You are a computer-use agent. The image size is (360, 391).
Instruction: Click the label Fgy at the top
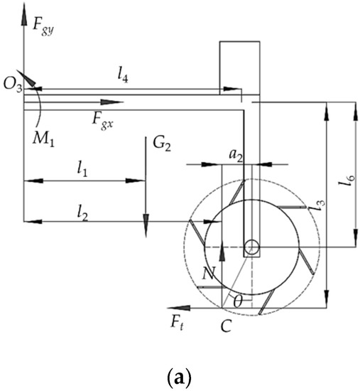coord(43,27)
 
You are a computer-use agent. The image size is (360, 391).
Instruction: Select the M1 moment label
coord(43,139)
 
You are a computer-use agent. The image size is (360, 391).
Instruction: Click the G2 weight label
coord(162,144)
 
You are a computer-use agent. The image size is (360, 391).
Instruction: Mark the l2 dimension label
coord(82,213)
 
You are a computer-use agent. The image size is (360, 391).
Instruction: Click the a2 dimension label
coord(236,156)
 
